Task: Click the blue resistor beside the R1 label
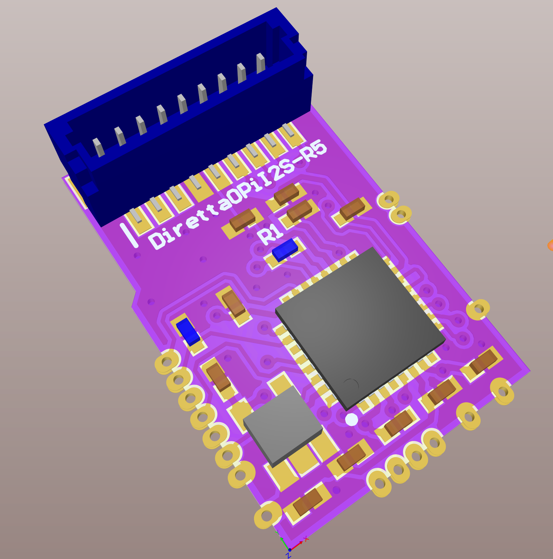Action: (x=285, y=250)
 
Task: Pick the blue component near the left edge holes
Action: (x=188, y=332)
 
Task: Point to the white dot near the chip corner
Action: (x=351, y=419)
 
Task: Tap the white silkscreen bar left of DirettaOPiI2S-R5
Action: (x=129, y=235)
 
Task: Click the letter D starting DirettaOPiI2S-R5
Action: (x=157, y=240)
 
